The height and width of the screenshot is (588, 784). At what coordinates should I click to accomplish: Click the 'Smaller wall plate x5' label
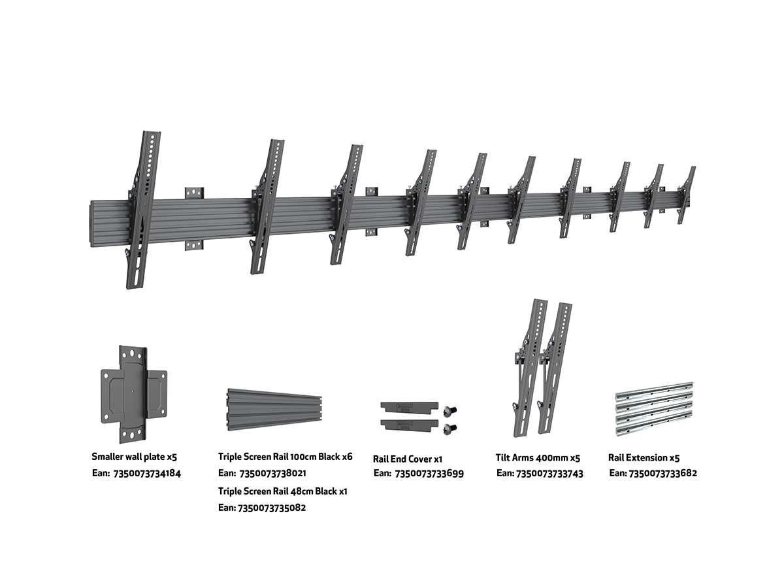[x=134, y=458]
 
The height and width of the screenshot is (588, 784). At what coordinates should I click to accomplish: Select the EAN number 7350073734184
[x=148, y=473]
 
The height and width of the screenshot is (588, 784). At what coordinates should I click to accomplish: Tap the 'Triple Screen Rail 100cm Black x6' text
[x=285, y=457]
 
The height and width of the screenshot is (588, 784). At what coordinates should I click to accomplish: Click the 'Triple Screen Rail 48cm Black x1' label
[x=282, y=491]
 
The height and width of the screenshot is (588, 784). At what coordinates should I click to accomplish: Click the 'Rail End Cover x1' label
[x=408, y=459]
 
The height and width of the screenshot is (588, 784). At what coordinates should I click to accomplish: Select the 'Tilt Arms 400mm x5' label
[x=538, y=458]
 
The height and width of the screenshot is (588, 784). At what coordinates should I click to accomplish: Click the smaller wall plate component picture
[x=133, y=395]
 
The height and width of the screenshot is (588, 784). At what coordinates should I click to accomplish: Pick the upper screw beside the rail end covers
[x=449, y=410]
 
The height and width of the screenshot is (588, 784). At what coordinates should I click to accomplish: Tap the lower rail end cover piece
[x=408, y=425]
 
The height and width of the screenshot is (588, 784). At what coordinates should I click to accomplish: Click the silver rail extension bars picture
[x=655, y=410]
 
